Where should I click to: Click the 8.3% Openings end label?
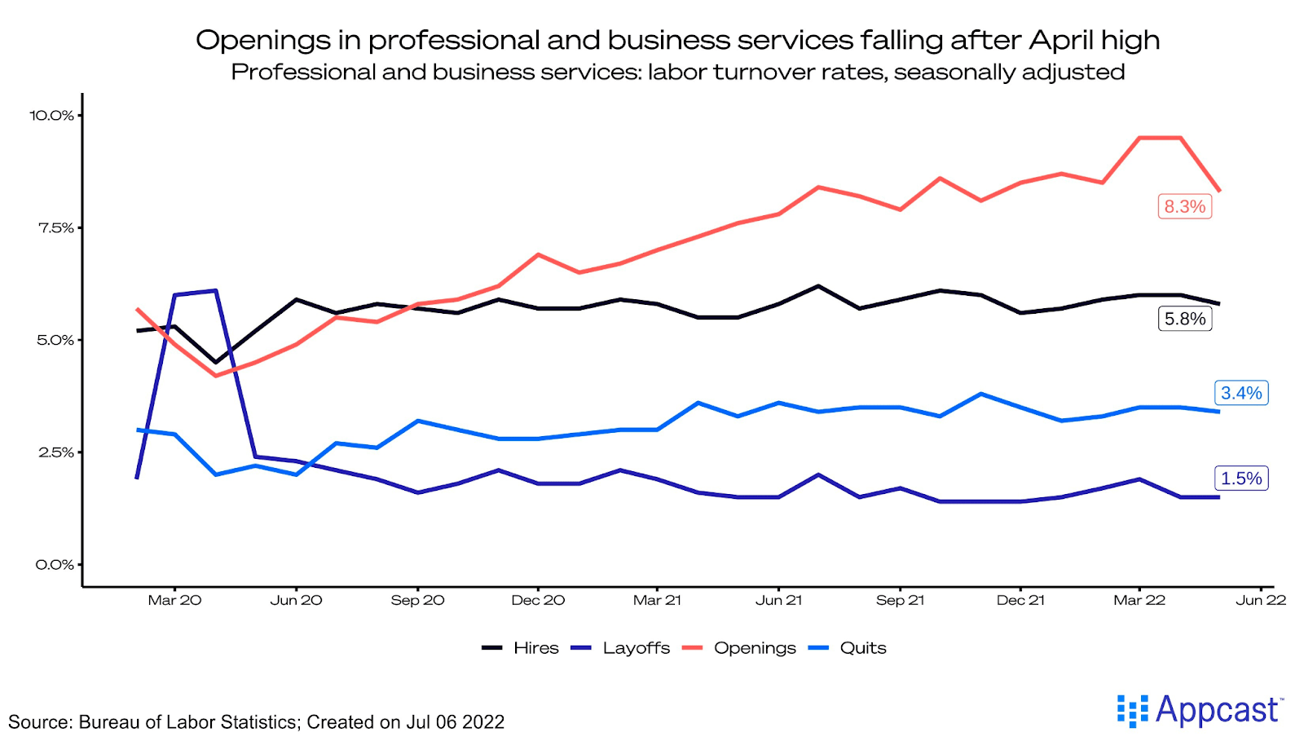click(x=1184, y=206)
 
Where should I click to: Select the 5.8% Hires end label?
click(x=1184, y=319)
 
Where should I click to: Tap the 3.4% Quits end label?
click(x=1240, y=393)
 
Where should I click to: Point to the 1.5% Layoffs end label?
click(x=1240, y=479)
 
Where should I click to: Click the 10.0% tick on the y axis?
click(x=52, y=115)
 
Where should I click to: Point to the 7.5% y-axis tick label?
click(x=55, y=227)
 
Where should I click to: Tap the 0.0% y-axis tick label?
click(x=55, y=564)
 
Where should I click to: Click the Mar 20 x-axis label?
click(x=174, y=600)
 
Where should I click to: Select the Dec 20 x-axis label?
click(x=538, y=600)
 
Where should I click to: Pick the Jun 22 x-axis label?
click(x=1261, y=600)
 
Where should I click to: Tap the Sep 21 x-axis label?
click(x=900, y=600)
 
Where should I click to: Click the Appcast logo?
click(x=1200, y=710)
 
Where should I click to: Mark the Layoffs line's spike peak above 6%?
click(x=215, y=290)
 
